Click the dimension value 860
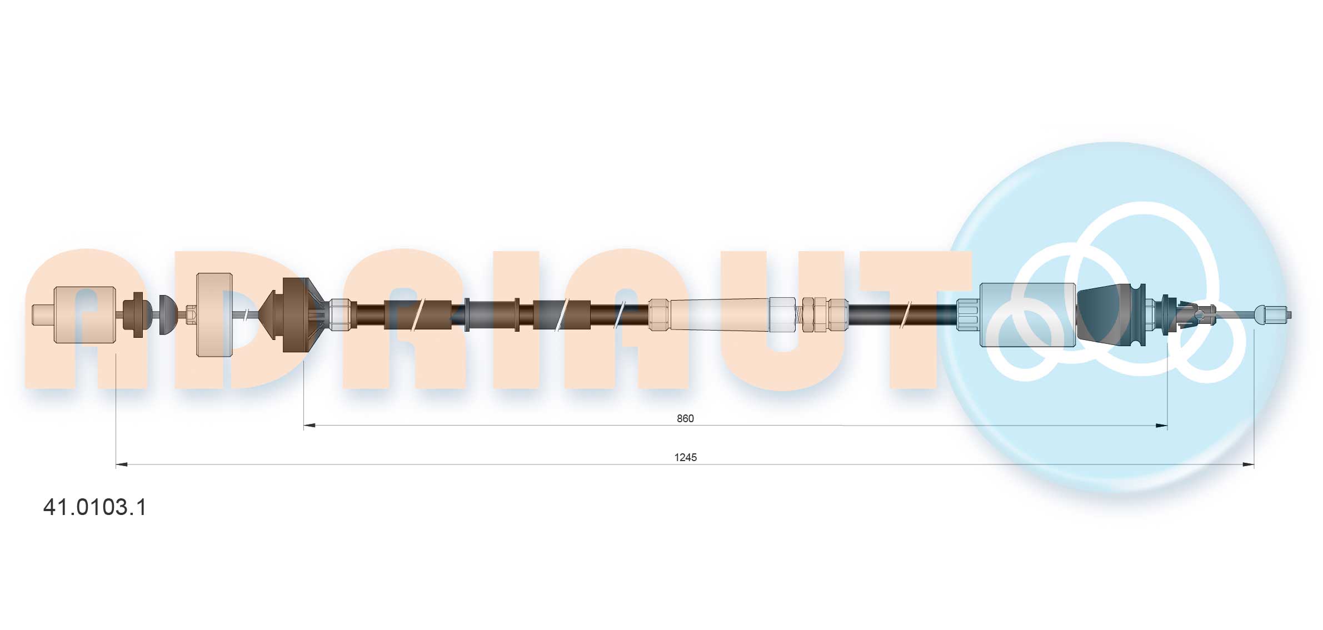click(x=685, y=418)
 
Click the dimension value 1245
click(x=685, y=457)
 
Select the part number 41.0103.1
click(x=95, y=507)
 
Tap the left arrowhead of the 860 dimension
click(x=309, y=426)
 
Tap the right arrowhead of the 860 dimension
click(x=1161, y=426)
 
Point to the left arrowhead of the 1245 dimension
click(x=122, y=464)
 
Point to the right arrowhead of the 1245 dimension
click(x=1248, y=464)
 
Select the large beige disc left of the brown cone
click(x=214, y=314)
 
